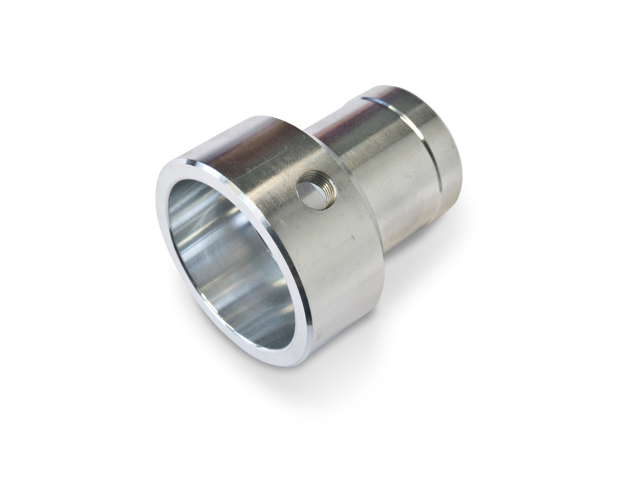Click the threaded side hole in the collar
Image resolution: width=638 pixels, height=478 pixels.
314,193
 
